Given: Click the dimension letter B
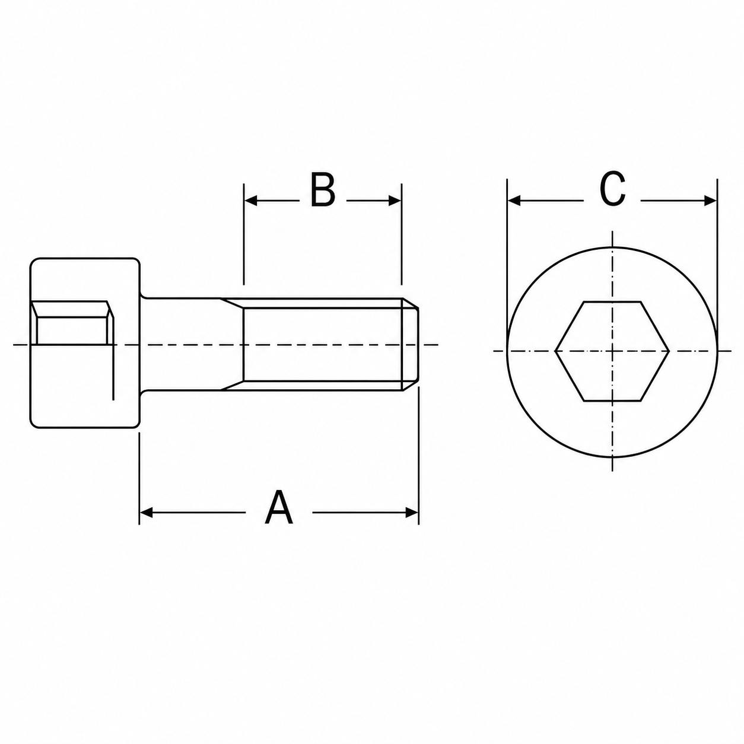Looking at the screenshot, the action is [x=322, y=190].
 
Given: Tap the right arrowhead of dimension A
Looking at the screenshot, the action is [x=412, y=513].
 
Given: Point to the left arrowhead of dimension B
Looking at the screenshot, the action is [x=251, y=201].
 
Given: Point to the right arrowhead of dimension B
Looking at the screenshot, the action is [x=395, y=201].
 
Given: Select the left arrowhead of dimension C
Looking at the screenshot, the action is [x=514, y=201].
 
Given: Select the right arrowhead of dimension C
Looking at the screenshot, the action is [x=710, y=201].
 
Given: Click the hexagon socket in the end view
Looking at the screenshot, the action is [x=612, y=351].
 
